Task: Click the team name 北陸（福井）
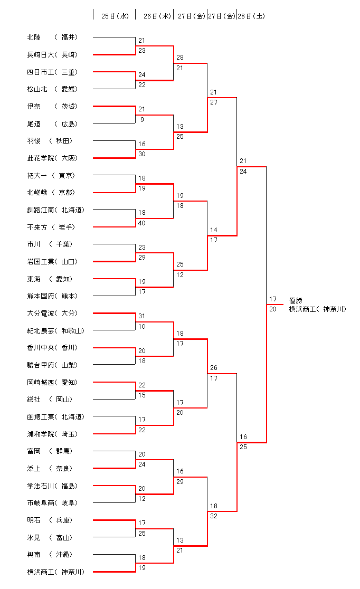52,37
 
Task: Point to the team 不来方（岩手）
52,227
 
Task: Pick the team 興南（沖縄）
52,555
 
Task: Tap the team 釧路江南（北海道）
55,210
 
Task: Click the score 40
142,223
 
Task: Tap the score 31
142,316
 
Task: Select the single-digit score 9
142,119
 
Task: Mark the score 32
214,516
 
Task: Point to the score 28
180,58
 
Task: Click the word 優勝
296,301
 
